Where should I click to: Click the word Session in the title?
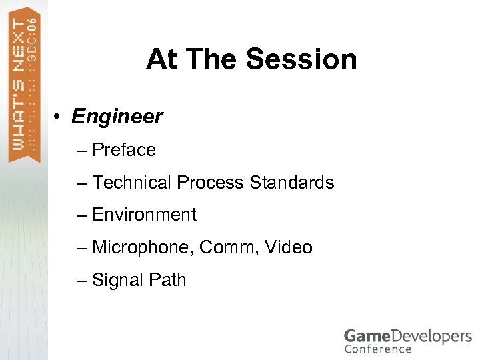click(x=301, y=59)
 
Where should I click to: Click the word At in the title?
click(x=163, y=59)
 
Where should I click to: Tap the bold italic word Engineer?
click(x=117, y=117)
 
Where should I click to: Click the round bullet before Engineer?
click(x=59, y=117)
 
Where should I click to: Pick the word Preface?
click(x=124, y=150)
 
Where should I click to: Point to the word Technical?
click(x=133, y=182)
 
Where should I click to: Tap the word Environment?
click(x=145, y=215)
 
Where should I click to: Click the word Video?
click(x=288, y=247)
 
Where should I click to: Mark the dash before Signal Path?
click(x=81, y=281)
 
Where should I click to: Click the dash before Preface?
click(x=81, y=151)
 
